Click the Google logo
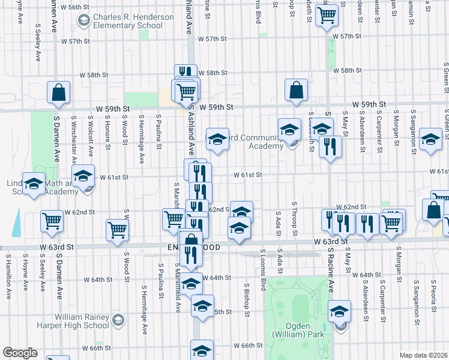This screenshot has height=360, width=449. (x=20, y=353)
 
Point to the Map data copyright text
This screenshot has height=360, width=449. (x=423, y=355)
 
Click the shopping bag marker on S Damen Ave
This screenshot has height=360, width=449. (x=59, y=93)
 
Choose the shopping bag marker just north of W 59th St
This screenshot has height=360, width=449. (x=297, y=90)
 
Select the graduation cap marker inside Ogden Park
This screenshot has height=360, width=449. (x=339, y=311)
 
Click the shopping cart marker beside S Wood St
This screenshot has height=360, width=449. (x=117, y=230)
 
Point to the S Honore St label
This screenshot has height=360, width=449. (x=108, y=132)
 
